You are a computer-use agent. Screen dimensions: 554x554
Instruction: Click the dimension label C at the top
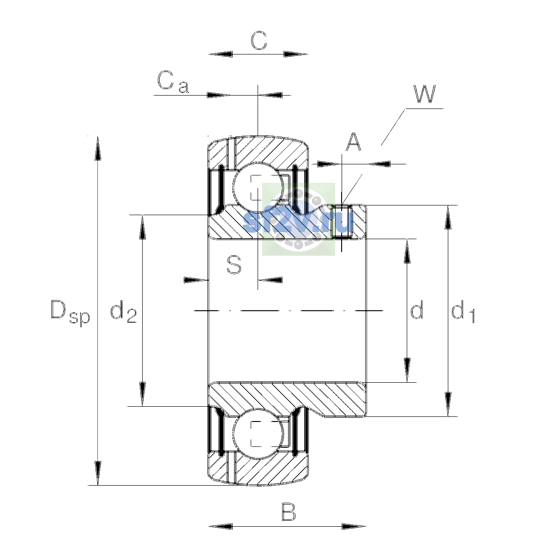(x=259, y=41)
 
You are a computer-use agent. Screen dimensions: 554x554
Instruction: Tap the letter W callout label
(x=424, y=94)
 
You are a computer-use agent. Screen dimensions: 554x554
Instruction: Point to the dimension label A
(x=353, y=142)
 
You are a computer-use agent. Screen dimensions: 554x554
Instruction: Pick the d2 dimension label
(x=123, y=311)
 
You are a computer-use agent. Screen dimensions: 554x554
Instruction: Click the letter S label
(x=234, y=265)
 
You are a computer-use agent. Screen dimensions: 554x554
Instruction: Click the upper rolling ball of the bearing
(x=258, y=187)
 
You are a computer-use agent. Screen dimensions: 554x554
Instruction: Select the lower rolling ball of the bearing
(x=258, y=434)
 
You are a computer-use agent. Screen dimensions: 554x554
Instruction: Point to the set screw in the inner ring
(x=342, y=222)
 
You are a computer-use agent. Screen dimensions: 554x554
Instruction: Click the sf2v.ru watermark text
(x=298, y=222)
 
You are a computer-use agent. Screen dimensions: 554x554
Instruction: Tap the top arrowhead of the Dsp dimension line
(x=98, y=148)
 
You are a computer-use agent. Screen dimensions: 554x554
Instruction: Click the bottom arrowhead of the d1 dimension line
(x=448, y=404)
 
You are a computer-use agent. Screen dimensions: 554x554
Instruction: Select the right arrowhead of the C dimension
(x=295, y=54)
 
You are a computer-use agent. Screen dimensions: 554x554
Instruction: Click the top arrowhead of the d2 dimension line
(x=142, y=227)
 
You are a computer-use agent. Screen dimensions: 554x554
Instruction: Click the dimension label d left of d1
(x=417, y=309)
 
